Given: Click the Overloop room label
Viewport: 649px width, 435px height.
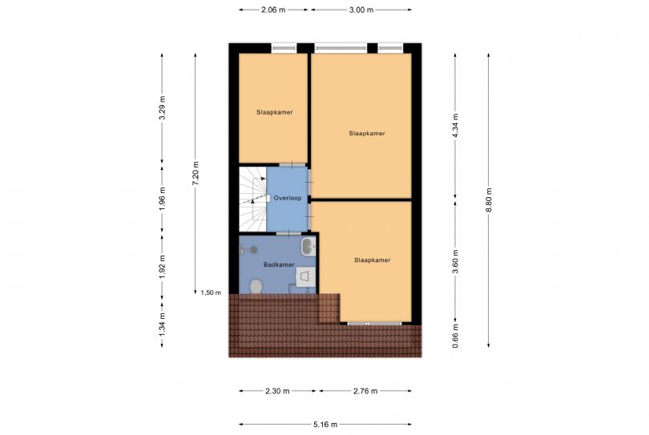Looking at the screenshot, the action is pyautogui.click(x=288, y=198).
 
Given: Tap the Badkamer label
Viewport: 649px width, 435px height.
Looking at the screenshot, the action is pyautogui.click(x=279, y=264).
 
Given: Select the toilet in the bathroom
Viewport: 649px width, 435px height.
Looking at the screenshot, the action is pyautogui.click(x=256, y=286).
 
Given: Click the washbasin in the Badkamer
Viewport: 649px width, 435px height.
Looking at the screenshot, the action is pyautogui.click(x=308, y=247).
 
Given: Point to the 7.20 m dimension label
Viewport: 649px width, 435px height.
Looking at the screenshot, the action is pyautogui.click(x=196, y=173).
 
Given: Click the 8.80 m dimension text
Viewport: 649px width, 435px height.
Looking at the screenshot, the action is pyautogui.click(x=489, y=200).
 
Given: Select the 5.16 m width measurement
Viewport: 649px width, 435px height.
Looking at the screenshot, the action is pyautogui.click(x=325, y=425).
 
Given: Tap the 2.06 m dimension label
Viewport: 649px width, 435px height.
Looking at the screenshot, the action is pyautogui.click(x=273, y=10).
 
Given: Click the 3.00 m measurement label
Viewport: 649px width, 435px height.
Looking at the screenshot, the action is pyautogui.click(x=361, y=10).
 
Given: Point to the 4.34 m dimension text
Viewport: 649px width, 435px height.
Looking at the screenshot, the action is pyautogui.click(x=455, y=126).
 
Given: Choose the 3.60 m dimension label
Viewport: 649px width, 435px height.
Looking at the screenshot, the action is pyautogui.click(x=455, y=262).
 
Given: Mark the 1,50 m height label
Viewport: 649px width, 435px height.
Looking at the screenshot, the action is pyautogui.click(x=211, y=292).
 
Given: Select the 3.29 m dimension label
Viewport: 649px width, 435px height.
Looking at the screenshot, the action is pyautogui.click(x=162, y=107).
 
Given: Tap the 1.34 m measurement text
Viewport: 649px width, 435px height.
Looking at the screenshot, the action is pyautogui.click(x=162, y=324).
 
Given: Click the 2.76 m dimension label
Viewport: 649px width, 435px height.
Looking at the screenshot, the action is pyautogui.click(x=365, y=391).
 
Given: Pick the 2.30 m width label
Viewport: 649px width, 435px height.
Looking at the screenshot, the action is pyautogui.click(x=277, y=391).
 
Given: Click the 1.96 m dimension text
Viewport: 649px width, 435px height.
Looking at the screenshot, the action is pyautogui.click(x=162, y=199).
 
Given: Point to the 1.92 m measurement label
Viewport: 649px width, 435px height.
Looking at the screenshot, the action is pyautogui.click(x=162, y=267).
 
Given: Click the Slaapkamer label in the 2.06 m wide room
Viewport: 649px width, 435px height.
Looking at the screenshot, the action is pyautogui.click(x=274, y=112).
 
